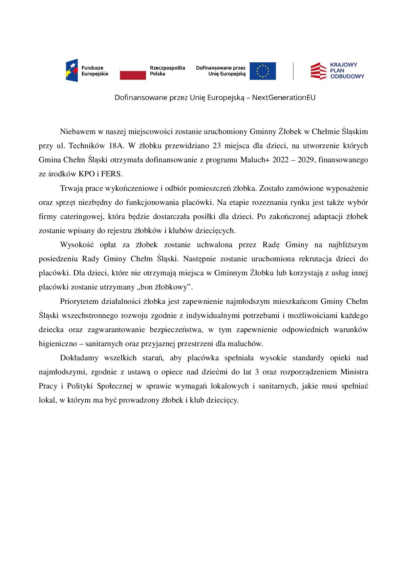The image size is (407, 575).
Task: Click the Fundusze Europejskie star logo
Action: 72,71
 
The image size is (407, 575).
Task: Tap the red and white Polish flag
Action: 133,71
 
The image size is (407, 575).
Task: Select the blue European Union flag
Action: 262,71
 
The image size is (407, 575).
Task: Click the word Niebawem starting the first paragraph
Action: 76,132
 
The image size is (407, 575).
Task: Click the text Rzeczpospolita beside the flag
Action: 167,68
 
